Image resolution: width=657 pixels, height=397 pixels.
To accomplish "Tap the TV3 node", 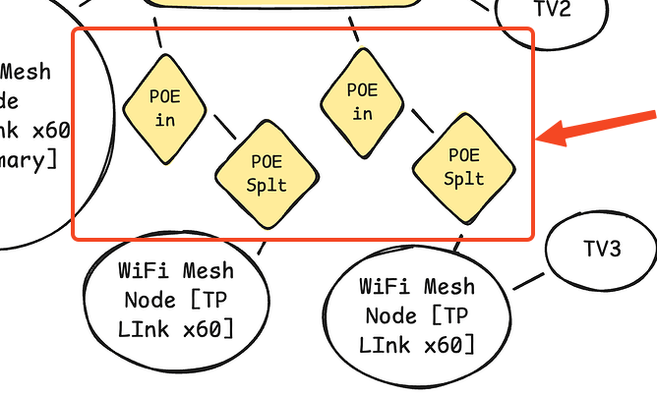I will [600, 251].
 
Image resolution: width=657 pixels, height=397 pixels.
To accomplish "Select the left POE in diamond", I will [165, 108].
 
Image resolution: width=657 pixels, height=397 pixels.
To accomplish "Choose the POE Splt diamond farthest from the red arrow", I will [267, 173].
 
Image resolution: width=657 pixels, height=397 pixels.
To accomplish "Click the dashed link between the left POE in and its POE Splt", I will [223, 128].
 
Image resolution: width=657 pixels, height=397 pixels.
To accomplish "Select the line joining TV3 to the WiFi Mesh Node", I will [529, 278].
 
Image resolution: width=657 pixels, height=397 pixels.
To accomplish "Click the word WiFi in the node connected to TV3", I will [386, 287].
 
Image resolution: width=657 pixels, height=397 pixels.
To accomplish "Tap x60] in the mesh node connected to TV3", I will [451, 345].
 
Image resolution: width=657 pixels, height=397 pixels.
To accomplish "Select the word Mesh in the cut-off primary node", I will [26, 72].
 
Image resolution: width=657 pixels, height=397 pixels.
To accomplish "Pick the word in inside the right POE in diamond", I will [363, 114].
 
